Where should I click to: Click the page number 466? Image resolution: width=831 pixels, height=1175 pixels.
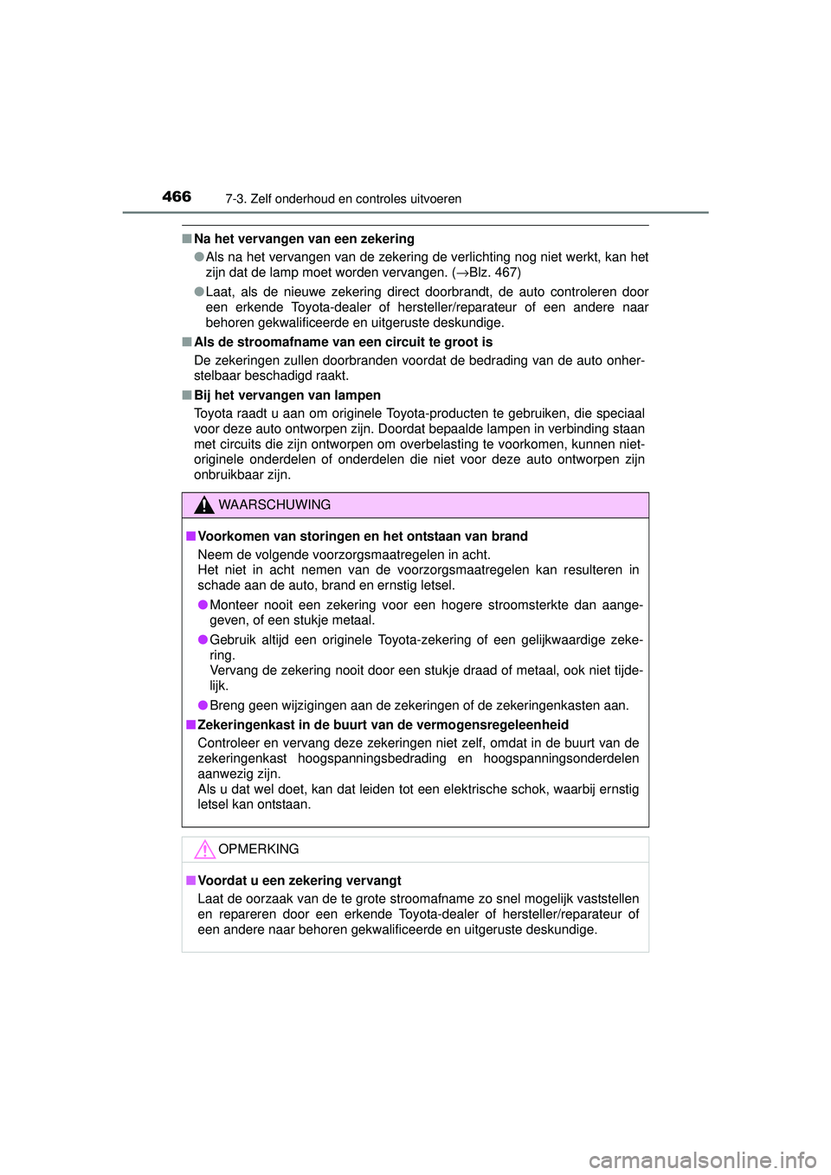tap(177, 196)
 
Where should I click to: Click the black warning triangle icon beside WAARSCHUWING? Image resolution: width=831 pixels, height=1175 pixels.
tap(204, 505)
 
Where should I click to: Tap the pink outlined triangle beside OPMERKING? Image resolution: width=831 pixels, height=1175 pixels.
tap(204, 850)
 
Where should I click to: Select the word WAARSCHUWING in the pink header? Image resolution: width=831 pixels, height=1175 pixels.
tap(274, 505)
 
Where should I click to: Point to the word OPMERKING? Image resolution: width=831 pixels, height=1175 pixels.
tap(259, 850)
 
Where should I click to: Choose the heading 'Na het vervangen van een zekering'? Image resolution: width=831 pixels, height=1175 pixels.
tap(304, 239)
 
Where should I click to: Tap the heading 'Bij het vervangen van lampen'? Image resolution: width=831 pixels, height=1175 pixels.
tap(287, 395)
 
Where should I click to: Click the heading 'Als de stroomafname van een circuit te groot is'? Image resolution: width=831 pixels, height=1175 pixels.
tap(343, 342)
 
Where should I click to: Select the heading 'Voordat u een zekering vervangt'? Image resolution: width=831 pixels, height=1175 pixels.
tap(300, 881)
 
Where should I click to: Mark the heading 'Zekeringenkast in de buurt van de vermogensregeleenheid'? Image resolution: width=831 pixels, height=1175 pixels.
tap(383, 725)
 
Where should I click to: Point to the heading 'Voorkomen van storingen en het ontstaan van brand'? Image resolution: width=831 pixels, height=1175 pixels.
tap(363, 536)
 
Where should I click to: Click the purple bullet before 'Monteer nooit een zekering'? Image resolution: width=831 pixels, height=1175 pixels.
tap(203, 605)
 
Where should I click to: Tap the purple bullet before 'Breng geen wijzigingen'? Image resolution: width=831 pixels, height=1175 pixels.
tap(203, 705)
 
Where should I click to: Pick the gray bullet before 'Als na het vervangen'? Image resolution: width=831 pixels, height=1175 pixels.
tap(199, 257)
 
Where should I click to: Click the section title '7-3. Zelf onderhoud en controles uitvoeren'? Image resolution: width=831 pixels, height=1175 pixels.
tap(343, 199)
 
